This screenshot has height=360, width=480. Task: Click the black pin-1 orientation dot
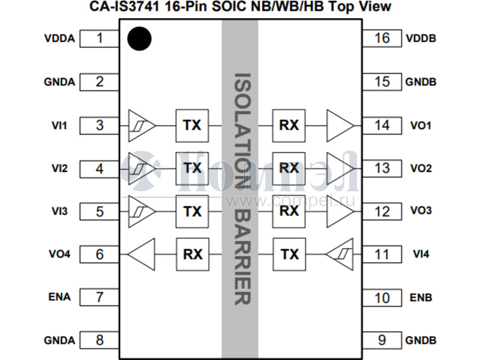[139, 39]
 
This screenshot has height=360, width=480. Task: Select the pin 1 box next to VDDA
[100, 38]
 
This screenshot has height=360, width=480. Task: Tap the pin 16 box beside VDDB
[382, 38]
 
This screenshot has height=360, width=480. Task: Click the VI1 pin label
[59, 125]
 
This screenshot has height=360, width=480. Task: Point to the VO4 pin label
[59, 254]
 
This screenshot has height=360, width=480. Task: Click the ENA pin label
[59, 297]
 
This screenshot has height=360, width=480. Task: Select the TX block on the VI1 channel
[192, 125]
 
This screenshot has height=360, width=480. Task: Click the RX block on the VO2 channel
[289, 168]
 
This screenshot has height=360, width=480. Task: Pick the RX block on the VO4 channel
[192, 254]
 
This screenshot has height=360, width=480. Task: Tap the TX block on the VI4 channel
[289, 254]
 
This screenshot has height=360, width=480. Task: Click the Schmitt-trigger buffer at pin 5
[142, 211]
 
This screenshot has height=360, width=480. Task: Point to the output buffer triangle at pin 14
[340, 125]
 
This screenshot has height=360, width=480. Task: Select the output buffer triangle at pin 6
[142, 254]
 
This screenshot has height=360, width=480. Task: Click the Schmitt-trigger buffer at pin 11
[340, 254]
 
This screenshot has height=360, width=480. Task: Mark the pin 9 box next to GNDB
[382, 340]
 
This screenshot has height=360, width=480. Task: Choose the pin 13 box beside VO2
[382, 168]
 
